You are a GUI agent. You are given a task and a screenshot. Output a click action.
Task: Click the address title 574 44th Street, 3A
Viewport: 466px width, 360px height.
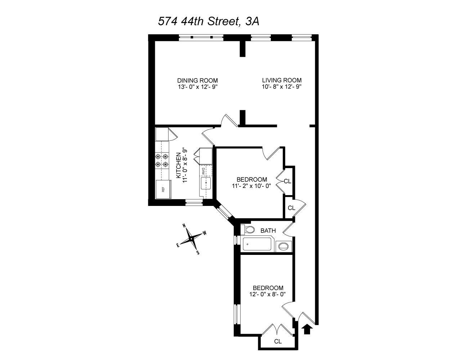point(209,22)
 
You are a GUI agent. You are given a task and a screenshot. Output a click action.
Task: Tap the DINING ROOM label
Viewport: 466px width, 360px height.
point(197,80)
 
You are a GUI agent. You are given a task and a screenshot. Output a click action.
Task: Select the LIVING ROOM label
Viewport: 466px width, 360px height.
point(282,80)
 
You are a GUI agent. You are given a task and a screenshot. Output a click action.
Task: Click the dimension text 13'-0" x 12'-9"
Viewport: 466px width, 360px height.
point(197,87)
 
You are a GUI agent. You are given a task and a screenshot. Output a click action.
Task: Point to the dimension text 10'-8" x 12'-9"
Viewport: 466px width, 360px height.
point(282,87)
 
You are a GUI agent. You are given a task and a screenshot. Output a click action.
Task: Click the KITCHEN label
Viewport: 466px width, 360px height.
point(178,165)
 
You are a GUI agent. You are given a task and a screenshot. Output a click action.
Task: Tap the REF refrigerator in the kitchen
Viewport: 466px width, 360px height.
point(163,189)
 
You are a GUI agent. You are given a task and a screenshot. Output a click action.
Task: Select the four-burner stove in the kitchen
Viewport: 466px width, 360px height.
point(162,161)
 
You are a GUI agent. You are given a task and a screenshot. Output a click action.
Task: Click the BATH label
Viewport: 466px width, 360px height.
point(268,230)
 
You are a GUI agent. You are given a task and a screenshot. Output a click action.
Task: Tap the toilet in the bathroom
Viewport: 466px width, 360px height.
point(248,230)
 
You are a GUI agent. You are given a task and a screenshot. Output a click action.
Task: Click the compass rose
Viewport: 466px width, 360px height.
point(191,238)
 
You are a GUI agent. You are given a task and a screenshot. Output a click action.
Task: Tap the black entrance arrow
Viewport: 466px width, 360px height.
point(307,329)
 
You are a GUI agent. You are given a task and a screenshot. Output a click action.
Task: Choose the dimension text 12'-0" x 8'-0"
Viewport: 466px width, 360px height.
point(268,294)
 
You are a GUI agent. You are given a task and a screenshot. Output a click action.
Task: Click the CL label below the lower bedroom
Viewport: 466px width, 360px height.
point(278,341)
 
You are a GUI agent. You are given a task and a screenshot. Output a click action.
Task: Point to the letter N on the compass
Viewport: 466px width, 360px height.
point(184,226)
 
